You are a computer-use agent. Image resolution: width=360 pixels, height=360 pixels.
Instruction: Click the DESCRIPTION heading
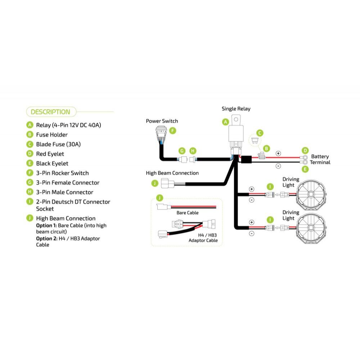(x=50, y=112)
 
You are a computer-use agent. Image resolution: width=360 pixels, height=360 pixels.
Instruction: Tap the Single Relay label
(x=236, y=109)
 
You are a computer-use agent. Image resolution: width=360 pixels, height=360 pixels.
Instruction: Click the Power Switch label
(x=162, y=121)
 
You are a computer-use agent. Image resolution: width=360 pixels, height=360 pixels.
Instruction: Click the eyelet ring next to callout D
(x=305, y=158)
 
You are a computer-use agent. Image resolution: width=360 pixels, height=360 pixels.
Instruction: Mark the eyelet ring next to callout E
(x=305, y=162)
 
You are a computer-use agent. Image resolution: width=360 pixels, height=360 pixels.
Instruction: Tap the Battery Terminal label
(x=320, y=159)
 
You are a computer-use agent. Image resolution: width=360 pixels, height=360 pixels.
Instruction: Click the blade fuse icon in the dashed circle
(x=256, y=141)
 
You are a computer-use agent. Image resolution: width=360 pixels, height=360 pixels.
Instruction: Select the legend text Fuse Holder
(x=52, y=135)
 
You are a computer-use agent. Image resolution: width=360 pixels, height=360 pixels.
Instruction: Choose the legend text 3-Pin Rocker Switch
(x=62, y=173)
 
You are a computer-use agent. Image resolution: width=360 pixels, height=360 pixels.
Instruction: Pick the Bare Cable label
(x=187, y=213)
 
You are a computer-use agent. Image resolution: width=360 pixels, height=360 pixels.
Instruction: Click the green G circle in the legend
(x=30, y=183)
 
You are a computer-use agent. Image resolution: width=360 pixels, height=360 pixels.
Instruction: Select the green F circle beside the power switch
(x=173, y=130)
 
